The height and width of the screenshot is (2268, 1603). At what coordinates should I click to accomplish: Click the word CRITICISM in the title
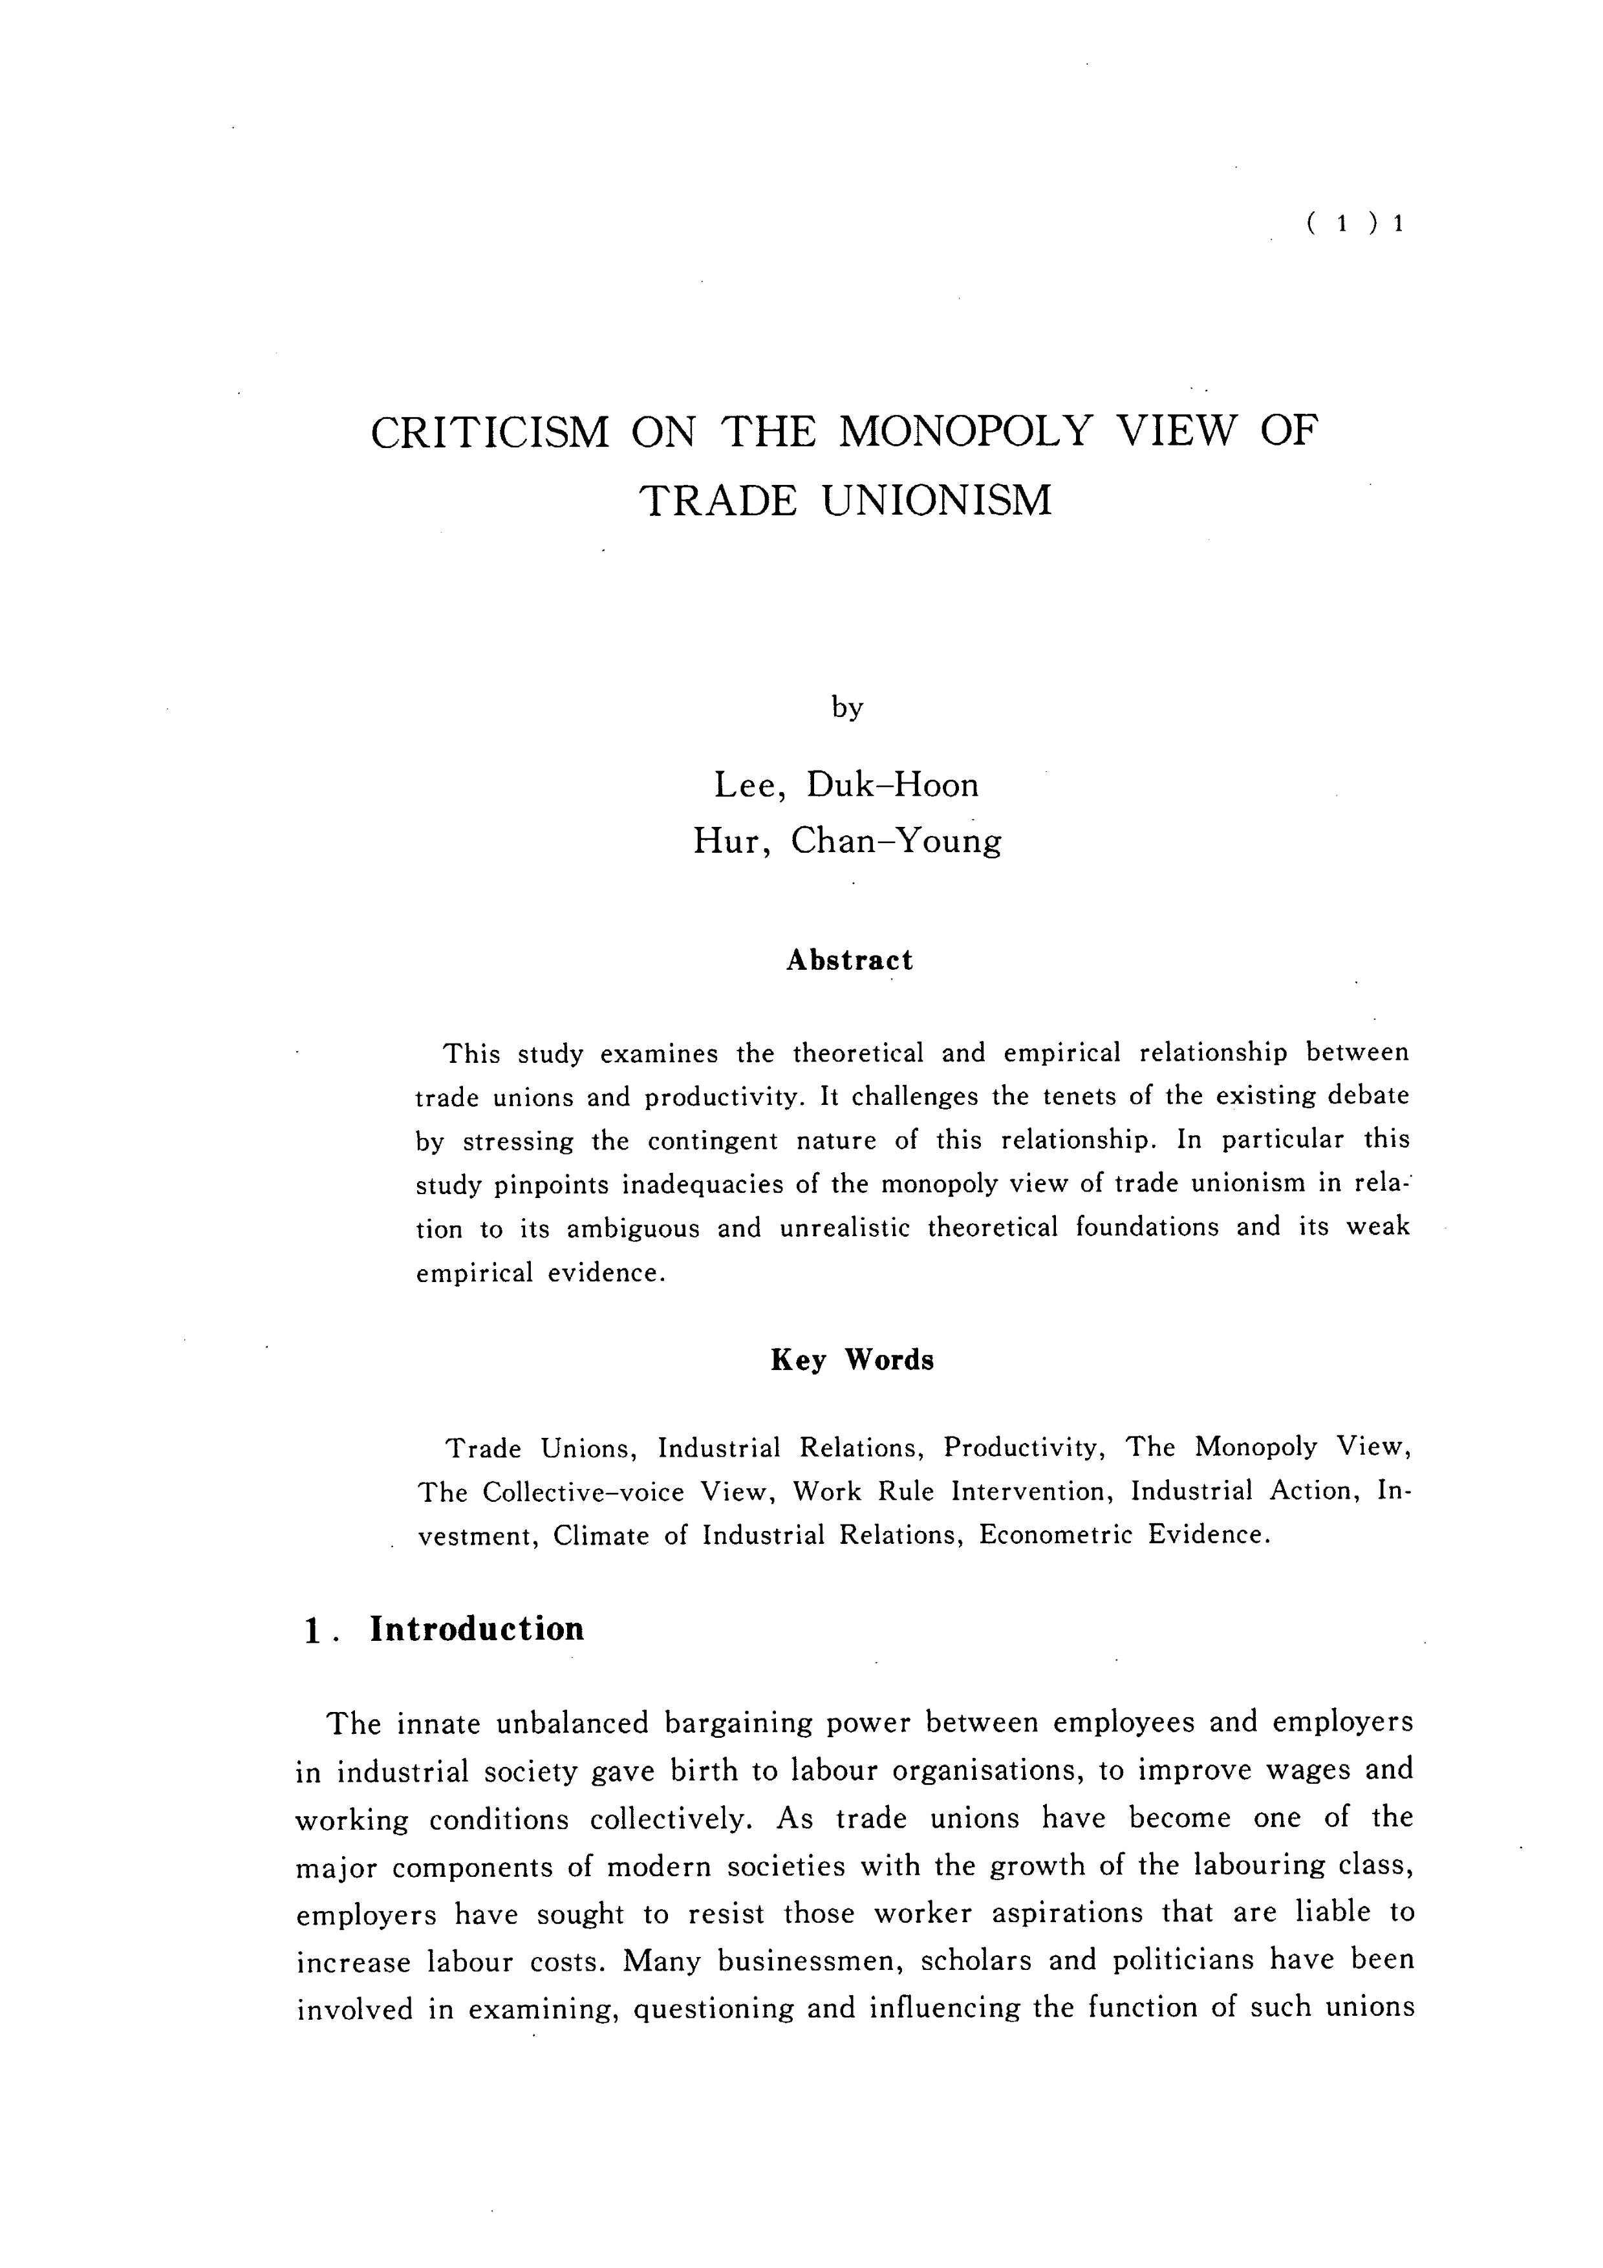tap(490, 433)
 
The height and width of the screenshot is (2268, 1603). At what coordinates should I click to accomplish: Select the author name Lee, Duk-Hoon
tap(846, 786)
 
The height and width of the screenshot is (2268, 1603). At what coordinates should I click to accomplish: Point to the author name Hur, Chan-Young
tap(846, 840)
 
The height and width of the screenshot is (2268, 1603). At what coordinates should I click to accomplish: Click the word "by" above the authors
tap(846, 707)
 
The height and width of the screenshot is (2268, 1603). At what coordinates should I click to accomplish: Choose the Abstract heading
tap(850, 960)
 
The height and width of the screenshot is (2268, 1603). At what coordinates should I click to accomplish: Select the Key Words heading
tap(852, 1360)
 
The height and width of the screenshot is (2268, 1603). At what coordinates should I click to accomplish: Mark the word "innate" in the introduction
tap(438, 1724)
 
